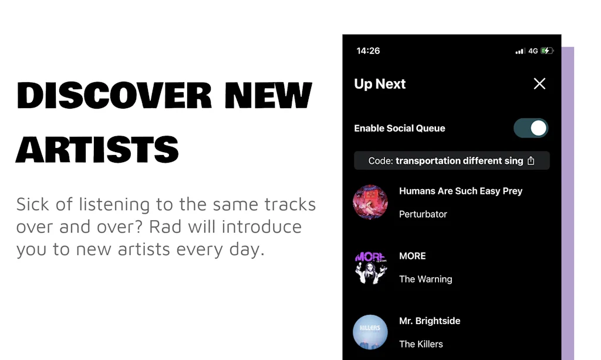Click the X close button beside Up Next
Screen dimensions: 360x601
539,84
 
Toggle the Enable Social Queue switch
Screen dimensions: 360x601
531,128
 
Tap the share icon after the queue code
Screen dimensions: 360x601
531,161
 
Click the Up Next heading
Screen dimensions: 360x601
380,84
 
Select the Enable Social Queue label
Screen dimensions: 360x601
400,128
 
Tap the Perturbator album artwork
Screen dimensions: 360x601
370,203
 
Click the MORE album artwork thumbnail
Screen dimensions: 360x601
370,267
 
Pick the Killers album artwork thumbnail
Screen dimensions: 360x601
370,332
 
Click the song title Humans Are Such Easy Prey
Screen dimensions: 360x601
461,191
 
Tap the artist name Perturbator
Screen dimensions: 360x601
423,214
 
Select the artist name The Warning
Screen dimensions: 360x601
426,279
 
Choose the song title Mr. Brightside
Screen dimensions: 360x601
430,321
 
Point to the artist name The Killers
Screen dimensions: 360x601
421,344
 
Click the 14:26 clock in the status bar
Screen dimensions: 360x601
368,51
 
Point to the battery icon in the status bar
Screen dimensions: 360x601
547,51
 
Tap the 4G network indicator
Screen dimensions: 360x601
533,51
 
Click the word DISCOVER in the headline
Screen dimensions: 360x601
114,96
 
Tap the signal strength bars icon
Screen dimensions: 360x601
520,51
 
